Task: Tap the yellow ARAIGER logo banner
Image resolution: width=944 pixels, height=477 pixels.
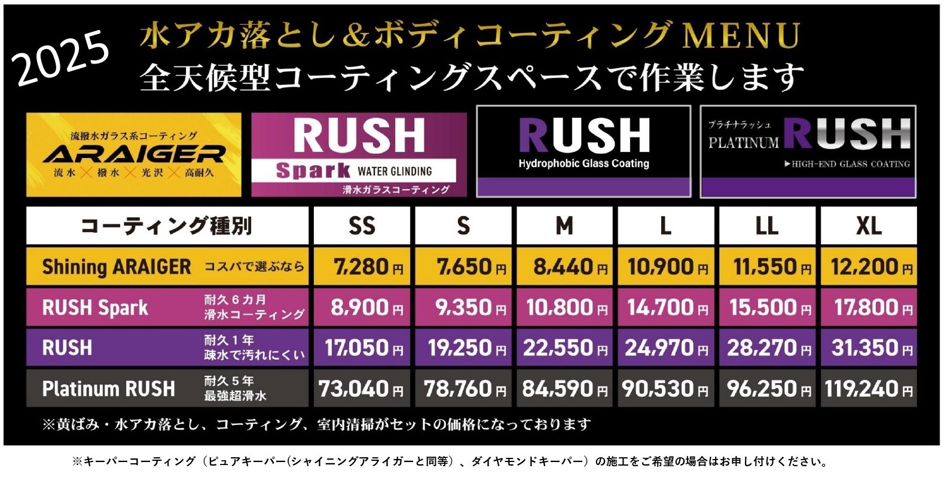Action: coord(134,154)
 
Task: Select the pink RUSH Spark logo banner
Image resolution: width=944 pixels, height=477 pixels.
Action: coord(359,154)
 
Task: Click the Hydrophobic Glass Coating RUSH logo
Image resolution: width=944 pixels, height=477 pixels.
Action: coord(583,151)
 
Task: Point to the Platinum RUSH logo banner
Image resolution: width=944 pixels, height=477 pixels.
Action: coord(808,151)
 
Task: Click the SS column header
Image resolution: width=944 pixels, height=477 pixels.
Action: coord(362,226)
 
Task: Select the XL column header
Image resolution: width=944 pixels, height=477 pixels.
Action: coord(868,226)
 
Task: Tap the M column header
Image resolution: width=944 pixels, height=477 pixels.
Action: coord(564,226)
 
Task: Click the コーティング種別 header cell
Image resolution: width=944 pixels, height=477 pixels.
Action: coord(167,226)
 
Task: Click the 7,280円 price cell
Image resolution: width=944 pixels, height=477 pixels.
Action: coord(362,266)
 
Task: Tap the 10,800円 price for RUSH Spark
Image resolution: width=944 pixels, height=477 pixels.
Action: coord(564,307)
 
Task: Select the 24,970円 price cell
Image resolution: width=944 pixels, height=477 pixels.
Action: coord(665,348)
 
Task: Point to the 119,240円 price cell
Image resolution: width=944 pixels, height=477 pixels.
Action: coord(868,388)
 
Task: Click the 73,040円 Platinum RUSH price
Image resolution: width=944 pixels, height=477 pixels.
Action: coord(362,388)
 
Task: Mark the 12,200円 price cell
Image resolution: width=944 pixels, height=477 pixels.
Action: coord(868,266)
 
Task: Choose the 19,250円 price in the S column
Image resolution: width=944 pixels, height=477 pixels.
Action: coord(463,348)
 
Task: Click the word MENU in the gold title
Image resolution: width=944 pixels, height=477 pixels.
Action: coord(741,36)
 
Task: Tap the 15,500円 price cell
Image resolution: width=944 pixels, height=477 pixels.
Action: coord(767,307)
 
